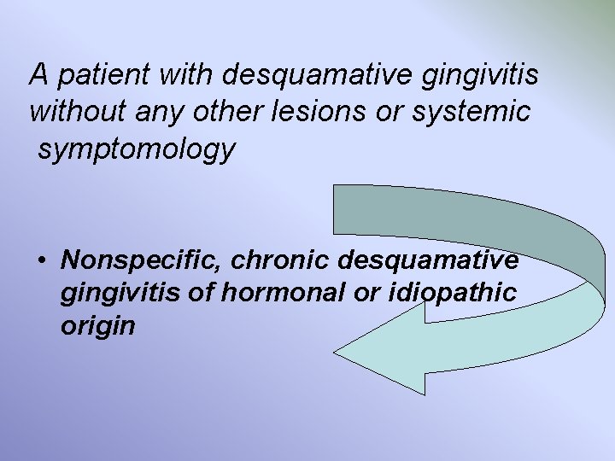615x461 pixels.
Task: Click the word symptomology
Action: [x=136, y=149]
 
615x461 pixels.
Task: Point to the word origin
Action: [x=98, y=327]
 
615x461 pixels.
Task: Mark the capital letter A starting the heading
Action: [x=38, y=75]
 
